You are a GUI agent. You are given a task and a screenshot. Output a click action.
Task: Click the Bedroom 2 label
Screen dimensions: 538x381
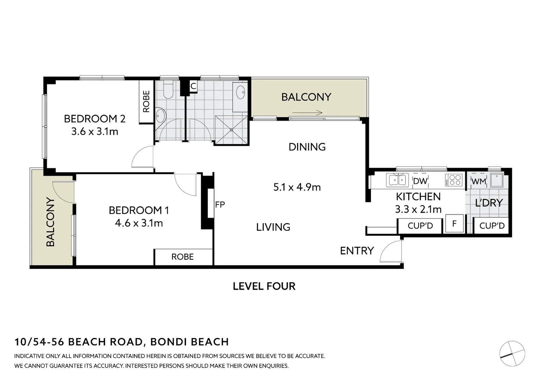tap(95, 119)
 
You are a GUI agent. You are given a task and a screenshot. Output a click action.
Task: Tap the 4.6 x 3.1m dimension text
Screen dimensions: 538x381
tap(139, 223)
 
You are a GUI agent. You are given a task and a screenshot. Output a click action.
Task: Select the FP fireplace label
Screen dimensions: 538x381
tap(220, 205)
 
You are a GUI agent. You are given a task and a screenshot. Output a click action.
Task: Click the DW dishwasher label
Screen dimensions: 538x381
tap(420, 181)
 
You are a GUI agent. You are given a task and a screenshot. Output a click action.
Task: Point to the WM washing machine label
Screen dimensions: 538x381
tap(479, 182)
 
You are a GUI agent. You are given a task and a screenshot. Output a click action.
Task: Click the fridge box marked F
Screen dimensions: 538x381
tap(454, 223)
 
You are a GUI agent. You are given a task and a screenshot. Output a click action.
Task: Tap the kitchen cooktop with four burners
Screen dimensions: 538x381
tap(454, 180)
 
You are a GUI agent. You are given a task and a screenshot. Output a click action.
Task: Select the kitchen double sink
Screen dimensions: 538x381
tap(397, 180)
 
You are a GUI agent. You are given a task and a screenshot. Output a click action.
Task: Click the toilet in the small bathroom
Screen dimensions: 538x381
tap(168, 90)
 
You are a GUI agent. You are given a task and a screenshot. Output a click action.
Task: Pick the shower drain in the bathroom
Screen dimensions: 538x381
tap(231, 130)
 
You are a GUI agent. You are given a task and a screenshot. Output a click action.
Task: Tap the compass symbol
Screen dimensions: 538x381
tap(512, 353)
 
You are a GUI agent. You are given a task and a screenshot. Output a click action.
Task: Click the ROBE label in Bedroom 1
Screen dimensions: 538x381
tap(183, 257)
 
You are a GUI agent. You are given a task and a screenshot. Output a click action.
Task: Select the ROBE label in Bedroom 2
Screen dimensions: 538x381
tap(146, 101)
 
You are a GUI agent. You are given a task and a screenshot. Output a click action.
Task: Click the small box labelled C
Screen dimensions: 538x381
tap(193, 86)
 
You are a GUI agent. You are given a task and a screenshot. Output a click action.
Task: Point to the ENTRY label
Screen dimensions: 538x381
tap(357, 251)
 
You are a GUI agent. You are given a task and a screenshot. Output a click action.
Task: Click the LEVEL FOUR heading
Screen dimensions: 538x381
tap(264, 286)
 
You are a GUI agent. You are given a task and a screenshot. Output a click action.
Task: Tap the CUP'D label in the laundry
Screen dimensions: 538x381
tap(492, 226)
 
